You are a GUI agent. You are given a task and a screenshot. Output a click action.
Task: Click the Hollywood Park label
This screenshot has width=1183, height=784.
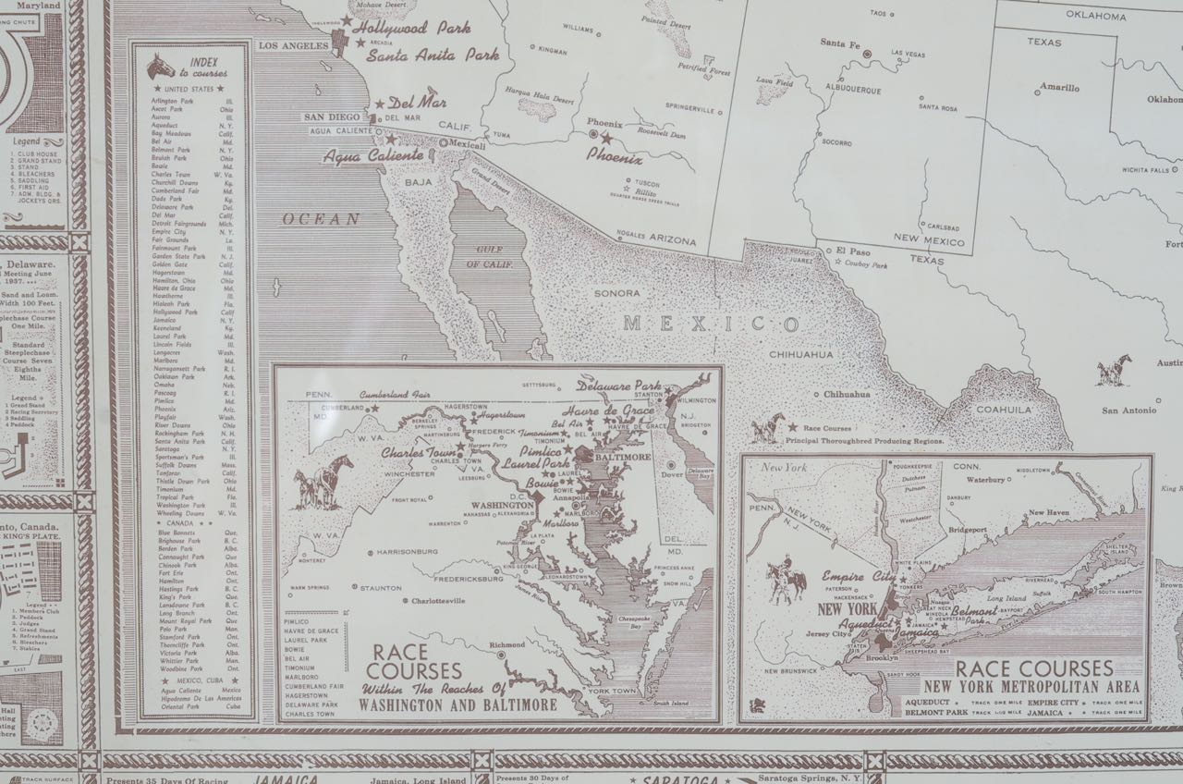(411, 28)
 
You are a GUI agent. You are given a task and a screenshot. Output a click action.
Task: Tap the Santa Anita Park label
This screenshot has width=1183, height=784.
(433, 55)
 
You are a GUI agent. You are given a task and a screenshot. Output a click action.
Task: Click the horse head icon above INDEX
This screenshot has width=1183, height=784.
(162, 66)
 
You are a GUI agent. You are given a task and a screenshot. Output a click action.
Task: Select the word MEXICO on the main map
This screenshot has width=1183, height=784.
(710, 325)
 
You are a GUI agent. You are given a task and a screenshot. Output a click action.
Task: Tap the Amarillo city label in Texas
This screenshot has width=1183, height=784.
(1058, 88)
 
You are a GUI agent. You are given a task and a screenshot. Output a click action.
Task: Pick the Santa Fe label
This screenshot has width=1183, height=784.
(840, 43)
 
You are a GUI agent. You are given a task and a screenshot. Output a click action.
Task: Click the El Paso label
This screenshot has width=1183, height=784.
(854, 251)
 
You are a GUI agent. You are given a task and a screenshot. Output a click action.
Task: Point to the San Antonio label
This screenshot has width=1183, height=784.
(1128, 410)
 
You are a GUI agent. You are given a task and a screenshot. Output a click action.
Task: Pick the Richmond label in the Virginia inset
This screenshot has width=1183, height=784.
(506, 644)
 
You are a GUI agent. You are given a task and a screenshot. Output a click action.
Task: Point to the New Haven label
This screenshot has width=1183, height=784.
(1050, 511)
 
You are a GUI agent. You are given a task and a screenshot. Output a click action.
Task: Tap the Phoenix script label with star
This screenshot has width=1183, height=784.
(614, 158)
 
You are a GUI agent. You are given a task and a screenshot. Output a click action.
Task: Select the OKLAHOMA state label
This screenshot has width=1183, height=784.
(1095, 16)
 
